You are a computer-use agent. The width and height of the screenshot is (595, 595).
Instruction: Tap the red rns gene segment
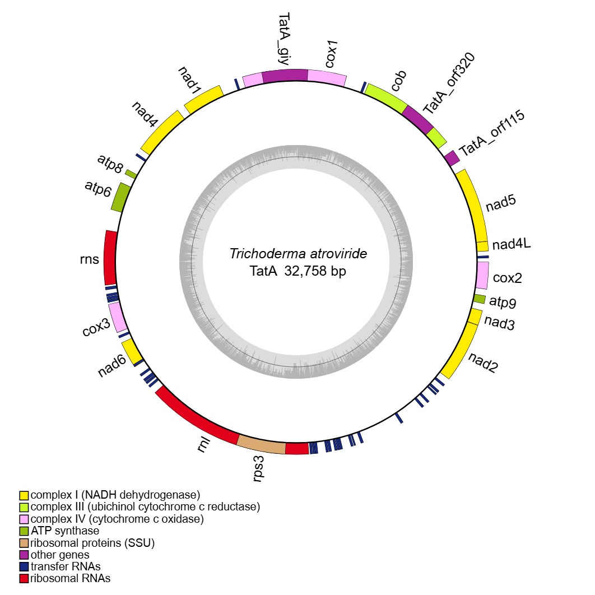point(110,257)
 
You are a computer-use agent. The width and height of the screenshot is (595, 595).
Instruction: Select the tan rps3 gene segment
point(262,445)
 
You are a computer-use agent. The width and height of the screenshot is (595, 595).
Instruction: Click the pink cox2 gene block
point(481,276)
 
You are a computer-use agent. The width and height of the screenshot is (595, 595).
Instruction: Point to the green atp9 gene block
point(479,299)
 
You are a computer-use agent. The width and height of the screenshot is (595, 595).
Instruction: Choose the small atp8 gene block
point(131,174)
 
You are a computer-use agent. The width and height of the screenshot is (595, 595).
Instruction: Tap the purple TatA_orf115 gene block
point(452,158)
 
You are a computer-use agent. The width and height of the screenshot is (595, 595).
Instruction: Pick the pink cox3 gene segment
point(117,318)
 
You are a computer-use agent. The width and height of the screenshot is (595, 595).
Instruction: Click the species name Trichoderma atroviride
point(298,254)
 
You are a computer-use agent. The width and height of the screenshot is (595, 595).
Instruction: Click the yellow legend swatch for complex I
point(24,495)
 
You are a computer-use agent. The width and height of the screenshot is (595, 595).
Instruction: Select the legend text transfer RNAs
point(66,566)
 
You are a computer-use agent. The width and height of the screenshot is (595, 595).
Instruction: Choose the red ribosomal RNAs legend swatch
point(24,578)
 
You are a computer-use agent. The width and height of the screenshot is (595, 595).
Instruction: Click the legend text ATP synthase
point(65,531)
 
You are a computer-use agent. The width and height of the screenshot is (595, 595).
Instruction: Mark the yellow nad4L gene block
point(482,246)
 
